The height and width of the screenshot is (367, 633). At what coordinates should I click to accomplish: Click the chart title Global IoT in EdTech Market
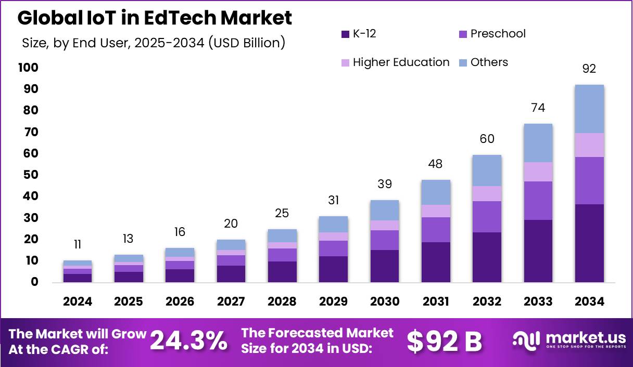pos(155,18)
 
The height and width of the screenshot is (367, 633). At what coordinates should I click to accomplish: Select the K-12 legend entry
pos(359,34)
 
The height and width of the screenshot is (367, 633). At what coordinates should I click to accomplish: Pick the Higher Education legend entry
pos(395,62)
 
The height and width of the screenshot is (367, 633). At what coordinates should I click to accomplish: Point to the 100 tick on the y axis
pos(28,68)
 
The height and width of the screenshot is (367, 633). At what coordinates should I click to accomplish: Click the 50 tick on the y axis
pos(31,175)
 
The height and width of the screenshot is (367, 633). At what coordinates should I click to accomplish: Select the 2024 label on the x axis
pos(78,302)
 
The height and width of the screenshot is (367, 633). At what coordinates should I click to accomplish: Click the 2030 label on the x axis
pos(385,302)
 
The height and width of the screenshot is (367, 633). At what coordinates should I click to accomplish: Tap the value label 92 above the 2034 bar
pos(589,69)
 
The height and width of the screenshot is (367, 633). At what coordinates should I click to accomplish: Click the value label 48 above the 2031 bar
pos(435,164)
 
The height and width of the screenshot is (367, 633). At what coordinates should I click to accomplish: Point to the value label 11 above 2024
pos(78,245)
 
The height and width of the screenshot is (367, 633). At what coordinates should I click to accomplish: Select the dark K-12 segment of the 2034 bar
pos(589,243)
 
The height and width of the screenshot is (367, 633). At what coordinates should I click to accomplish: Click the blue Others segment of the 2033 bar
pos(538,143)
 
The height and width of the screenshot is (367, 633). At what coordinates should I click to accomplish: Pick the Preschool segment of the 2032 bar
pos(487,216)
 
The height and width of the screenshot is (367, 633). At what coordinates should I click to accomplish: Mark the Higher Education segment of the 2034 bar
pos(589,145)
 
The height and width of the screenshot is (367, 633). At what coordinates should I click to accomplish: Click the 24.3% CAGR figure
pos(188,342)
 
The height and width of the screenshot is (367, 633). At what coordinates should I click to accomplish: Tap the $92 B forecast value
pos(444,342)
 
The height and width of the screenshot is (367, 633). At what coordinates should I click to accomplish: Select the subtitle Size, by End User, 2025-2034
pos(154,43)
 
